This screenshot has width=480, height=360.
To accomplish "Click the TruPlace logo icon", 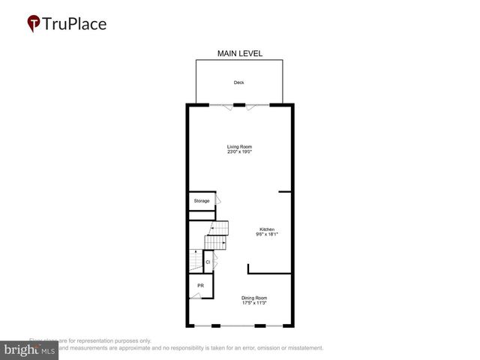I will coord(34,24).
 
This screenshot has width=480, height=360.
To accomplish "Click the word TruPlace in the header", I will coord(74,24).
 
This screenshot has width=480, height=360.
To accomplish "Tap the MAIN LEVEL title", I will coord(239,53).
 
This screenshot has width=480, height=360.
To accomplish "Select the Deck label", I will coord(238,82).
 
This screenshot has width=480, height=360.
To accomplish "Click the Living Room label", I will coord(240,146).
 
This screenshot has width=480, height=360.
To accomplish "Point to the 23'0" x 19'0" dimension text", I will coord(240,152).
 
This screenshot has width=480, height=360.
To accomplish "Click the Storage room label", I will coord(202,201).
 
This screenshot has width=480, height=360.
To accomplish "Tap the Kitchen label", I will coord(267,229).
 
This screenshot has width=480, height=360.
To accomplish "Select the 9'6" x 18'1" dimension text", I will coord(267,235).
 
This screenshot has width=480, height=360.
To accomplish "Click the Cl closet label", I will coord(208,262).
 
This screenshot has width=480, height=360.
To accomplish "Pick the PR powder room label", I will coord(200,286).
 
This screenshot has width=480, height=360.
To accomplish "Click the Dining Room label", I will coord(254,298).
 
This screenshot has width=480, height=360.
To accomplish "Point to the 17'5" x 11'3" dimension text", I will coord(254,304).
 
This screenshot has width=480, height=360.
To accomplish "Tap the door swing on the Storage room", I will coord(218,200).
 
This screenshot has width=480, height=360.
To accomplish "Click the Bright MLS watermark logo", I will coord(29,350).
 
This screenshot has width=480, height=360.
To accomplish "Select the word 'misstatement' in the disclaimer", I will coord(301,348).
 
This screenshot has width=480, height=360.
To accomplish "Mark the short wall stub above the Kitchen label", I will coord(284,192).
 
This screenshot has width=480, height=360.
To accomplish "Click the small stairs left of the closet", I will coord(194,260).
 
